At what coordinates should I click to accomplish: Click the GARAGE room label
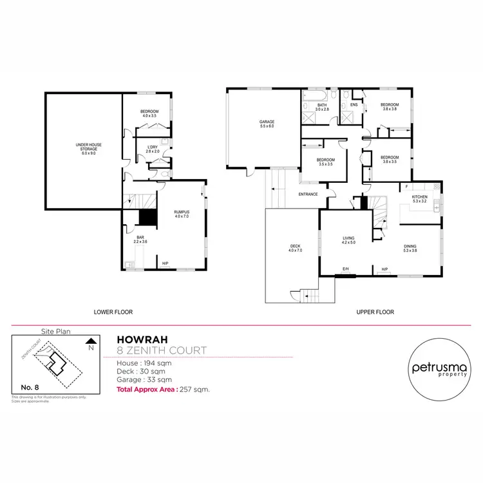[267, 122]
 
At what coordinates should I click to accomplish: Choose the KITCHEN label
[420, 196]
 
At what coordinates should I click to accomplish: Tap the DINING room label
[410, 246]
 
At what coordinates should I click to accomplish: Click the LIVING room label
[348, 238]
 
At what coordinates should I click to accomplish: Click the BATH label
[321, 105]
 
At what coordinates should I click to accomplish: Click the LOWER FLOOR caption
[113, 312]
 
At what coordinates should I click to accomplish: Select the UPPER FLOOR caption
[375, 312]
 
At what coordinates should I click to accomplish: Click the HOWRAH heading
[138, 340]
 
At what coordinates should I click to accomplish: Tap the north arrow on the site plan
[91, 341]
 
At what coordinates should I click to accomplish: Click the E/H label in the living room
[345, 269]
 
